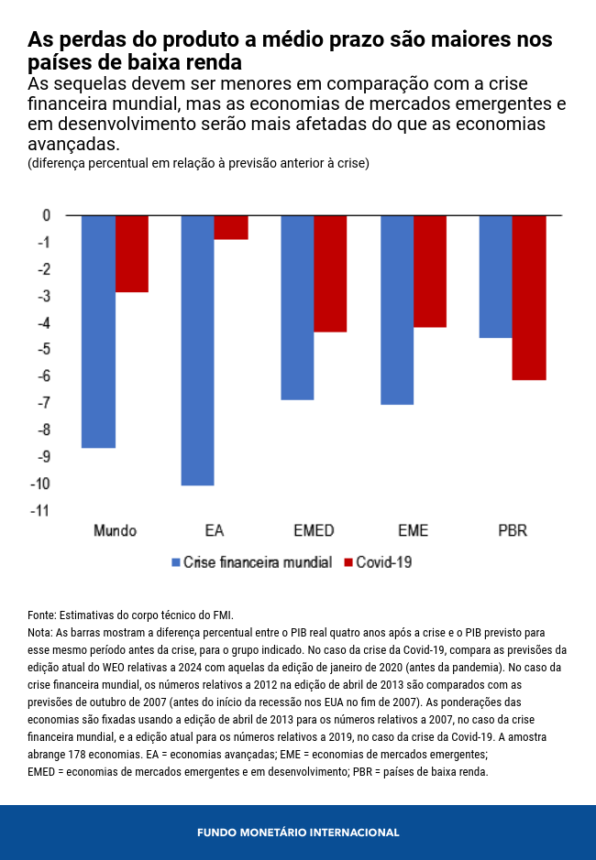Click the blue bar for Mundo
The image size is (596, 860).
(98, 332)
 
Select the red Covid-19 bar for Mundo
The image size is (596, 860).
(132, 254)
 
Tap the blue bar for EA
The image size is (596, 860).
(197, 350)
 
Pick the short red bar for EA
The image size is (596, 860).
(231, 227)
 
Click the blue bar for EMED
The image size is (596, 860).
(297, 308)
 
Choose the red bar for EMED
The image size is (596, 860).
(330, 273)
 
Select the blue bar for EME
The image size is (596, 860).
(397, 310)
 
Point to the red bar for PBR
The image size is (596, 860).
(529, 298)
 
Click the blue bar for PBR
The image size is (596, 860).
(496, 277)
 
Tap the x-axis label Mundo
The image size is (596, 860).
(116, 531)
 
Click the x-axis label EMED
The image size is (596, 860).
(314, 531)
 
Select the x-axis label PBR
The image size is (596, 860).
(513, 531)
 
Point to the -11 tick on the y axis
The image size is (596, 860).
(42, 511)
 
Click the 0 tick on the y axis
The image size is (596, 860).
(46, 215)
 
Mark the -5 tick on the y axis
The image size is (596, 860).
(44, 350)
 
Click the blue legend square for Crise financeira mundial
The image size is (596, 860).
(175, 562)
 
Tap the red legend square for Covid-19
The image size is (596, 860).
(347, 562)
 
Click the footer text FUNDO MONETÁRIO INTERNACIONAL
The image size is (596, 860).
(298, 833)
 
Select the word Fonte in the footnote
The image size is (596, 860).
(41, 615)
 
